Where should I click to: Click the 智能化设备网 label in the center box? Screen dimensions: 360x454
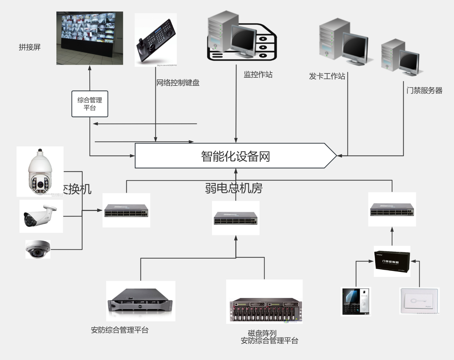click(235, 156)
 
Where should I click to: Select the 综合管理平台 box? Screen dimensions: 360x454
click(90, 104)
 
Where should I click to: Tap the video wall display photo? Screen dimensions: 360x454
click(90, 38)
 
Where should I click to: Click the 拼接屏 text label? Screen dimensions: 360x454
click(29, 47)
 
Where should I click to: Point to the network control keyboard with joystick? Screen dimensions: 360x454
click(156, 40)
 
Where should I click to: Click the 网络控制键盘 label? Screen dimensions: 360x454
click(178, 83)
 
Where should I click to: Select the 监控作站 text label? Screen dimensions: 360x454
click(258, 75)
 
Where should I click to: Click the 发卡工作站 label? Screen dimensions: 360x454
click(327, 76)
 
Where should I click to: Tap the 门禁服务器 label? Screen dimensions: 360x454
click(424, 90)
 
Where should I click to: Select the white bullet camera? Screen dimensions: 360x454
click(41, 216)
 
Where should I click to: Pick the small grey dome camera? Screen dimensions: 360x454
click(38, 249)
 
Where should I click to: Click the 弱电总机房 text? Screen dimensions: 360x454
click(234, 188)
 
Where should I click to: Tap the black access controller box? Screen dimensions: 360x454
click(392, 261)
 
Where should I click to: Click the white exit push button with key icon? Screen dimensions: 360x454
click(419, 301)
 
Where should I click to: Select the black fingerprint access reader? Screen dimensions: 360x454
click(356, 301)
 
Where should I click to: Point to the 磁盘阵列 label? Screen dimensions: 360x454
click(262, 333)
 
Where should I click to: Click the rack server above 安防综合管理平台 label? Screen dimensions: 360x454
click(140, 301)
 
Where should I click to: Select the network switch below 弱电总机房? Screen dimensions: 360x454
click(235, 218)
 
